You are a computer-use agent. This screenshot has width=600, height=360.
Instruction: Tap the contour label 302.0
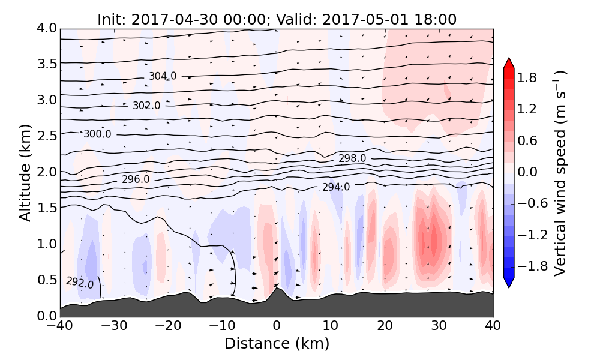point(146,106)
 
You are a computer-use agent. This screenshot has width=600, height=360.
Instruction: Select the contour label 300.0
point(97,134)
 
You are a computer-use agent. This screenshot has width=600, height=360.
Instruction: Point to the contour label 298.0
point(352,158)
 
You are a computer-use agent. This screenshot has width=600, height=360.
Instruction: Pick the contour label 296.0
point(136,179)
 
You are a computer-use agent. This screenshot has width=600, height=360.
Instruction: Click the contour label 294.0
point(336,187)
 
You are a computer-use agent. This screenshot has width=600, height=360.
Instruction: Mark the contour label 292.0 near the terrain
point(80,282)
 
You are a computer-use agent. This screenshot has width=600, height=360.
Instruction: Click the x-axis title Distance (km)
point(277,344)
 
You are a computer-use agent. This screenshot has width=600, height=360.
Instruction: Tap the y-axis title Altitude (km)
point(25,172)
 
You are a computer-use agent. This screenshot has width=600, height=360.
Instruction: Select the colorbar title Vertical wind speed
point(560,173)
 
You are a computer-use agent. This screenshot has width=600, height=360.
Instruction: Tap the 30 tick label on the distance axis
point(439,326)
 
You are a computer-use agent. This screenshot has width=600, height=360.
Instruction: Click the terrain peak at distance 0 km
point(276,289)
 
